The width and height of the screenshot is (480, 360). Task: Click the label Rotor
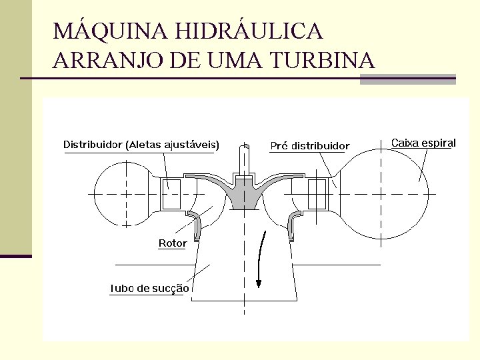[x=172, y=243]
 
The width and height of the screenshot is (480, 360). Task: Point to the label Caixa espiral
[x=423, y=143]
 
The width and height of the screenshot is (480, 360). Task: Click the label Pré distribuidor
[x=309, y=145]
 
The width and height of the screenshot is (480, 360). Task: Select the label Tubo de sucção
[x=149, y=289]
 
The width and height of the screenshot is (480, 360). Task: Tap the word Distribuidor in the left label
[x=93, y=144]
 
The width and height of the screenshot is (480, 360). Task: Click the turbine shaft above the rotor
[x=243, y=160]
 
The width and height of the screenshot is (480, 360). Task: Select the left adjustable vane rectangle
[x=171, y=194]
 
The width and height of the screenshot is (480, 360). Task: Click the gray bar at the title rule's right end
[x=407, y=79]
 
